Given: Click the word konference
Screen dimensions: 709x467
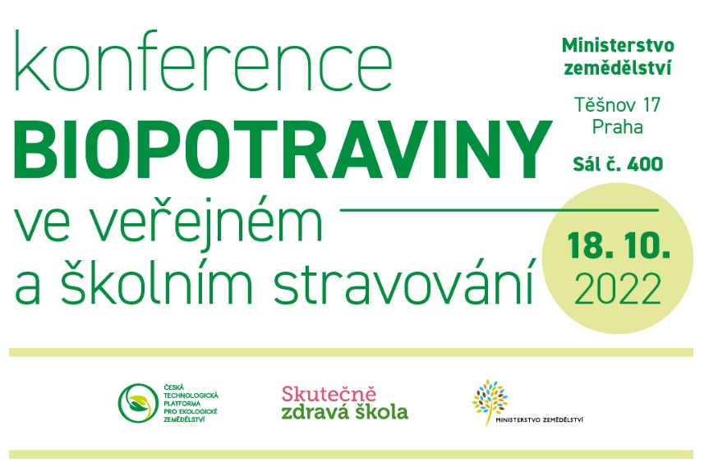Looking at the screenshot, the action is click(204, 62).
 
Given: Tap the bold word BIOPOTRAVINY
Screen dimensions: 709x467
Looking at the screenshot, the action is click(283, 149).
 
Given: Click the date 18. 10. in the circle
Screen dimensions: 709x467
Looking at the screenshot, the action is click(619, 245).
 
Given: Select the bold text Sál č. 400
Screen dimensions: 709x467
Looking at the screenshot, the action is click(618, 164).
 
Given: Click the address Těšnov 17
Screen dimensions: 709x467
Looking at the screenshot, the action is click(618, 105).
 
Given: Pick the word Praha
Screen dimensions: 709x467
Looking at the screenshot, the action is click(618, 127).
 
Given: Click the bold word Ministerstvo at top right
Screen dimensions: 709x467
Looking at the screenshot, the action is click(618, 45).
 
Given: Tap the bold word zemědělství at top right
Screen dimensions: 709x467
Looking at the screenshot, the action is click(618, 68).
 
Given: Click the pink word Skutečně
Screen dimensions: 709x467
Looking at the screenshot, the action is click(329, 394).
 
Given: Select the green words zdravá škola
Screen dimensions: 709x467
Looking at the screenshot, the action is click(344, 412).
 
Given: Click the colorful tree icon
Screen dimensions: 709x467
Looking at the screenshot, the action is click(490, 402).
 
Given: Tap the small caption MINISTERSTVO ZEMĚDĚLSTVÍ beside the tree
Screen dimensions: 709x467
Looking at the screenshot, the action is click(540, 419).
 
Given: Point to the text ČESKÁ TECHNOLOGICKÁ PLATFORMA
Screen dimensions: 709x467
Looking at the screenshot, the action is click(191, 396).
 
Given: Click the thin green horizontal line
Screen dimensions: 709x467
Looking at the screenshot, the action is click(500, 210).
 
